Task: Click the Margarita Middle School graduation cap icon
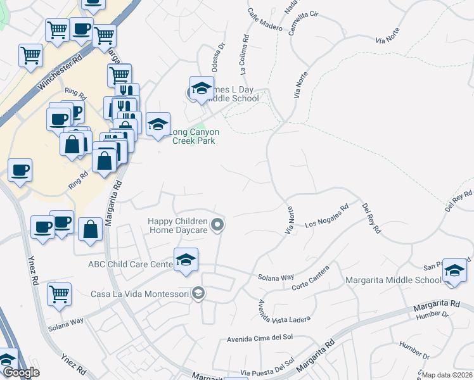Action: [454, 270]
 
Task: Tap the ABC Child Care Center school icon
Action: [186, 260]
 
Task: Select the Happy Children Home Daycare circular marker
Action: [217, 225]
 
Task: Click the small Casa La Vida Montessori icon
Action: [198, 293]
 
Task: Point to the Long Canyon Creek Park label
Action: [196, 136]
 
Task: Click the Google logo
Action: [20, 372]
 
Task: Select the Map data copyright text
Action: [447, 375]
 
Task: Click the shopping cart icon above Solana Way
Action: [59, 293]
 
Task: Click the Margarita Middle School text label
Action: [393, 280]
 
